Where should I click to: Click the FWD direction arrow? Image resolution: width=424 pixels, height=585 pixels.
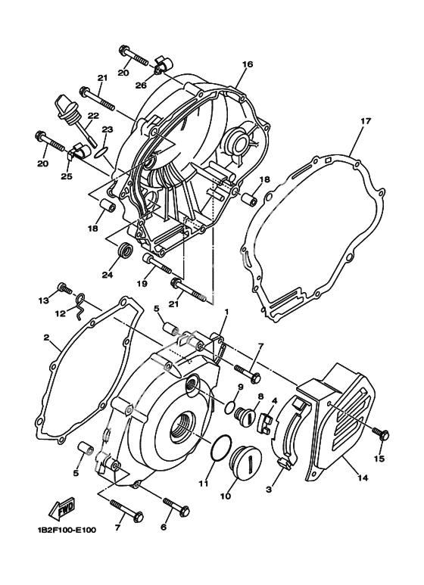click(62, 509)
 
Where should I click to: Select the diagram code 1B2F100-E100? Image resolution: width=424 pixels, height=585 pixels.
click(66, 530)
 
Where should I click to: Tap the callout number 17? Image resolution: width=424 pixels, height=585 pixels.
click(366, 121)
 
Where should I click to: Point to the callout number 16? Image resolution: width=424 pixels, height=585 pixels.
click(248, 64)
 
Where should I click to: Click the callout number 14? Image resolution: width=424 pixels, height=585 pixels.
click(363, 478)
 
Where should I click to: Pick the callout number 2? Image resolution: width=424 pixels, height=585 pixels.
click(46, 338)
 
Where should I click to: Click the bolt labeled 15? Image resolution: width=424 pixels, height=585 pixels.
click(381, 434)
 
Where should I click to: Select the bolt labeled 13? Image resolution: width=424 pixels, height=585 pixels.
click(64, 288)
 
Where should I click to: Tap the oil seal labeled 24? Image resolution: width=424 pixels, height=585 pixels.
click(124, 250)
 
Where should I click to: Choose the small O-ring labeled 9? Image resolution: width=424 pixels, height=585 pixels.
click(230, 407)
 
